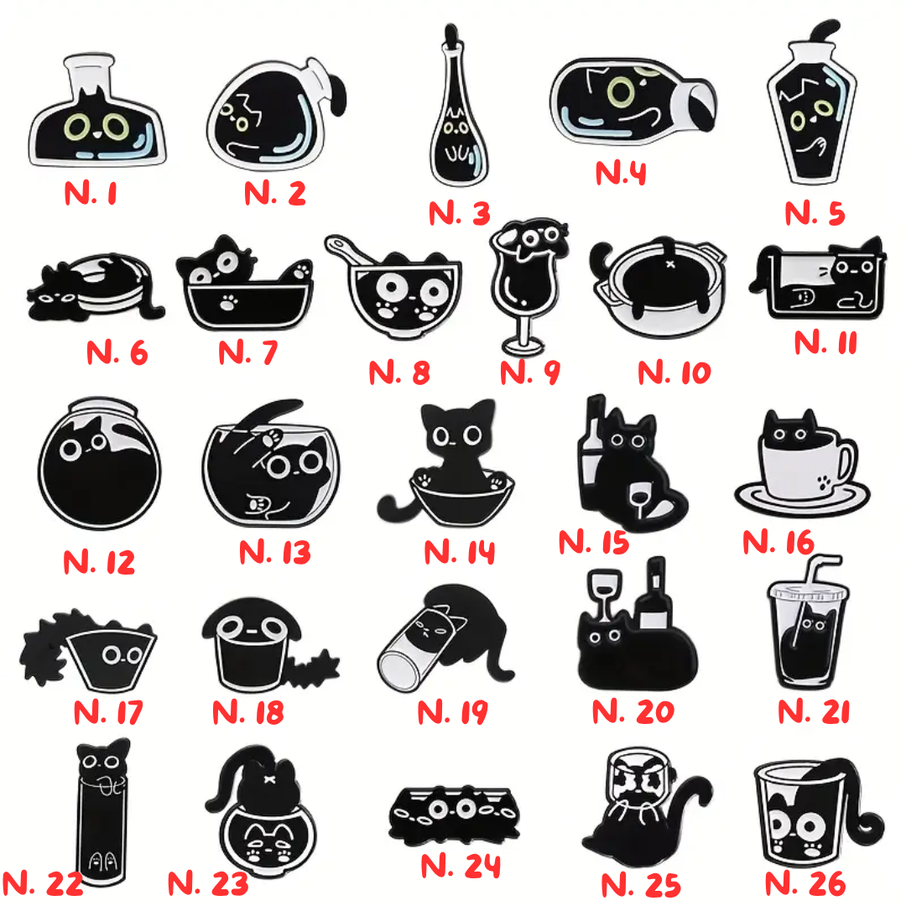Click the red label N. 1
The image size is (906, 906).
[91, 193]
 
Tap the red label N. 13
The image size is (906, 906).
[275, 552]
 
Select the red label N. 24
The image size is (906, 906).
[460, 866]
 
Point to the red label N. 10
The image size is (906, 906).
[674, 372]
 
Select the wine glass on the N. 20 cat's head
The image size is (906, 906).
[604, 593]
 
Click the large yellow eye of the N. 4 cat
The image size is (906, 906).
[621, 91]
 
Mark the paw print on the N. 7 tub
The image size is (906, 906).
[229, 302]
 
